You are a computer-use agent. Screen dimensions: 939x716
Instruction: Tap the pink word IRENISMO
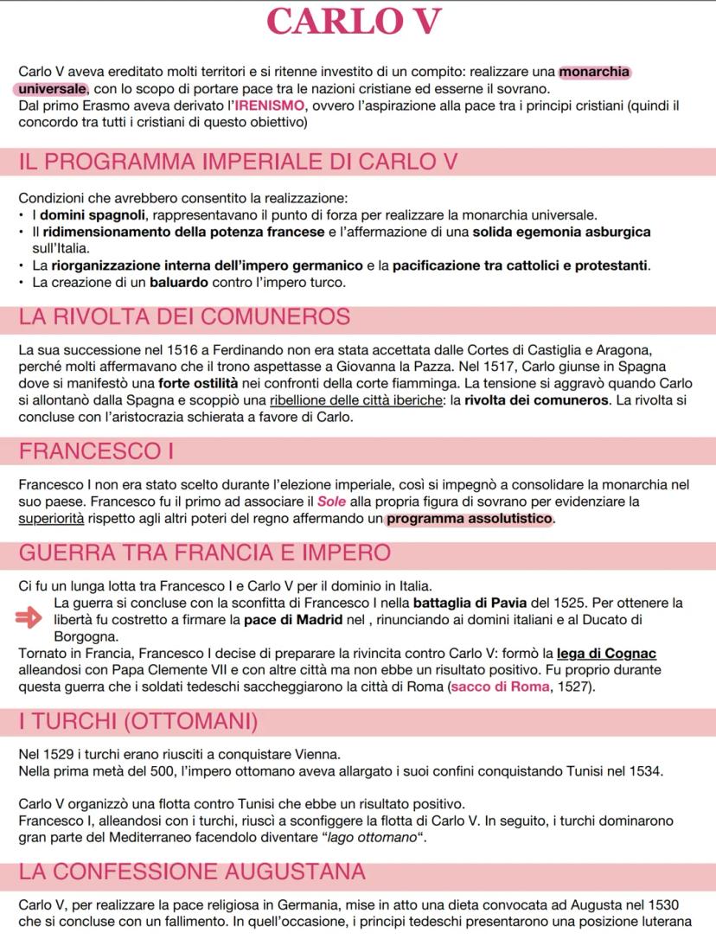[271, 105]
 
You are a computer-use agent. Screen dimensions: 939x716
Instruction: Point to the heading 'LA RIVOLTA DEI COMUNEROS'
[184, 317]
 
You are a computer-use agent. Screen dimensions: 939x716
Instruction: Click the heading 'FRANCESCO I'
[90, 451]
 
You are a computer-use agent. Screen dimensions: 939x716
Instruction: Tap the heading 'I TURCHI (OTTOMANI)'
[137, 720]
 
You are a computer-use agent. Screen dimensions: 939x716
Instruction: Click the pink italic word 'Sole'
[330, 502]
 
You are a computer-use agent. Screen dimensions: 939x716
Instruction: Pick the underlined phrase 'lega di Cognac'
[606, 653]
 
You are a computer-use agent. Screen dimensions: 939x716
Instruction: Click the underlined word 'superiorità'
[56, 520]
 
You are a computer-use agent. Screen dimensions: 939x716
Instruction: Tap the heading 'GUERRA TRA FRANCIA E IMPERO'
[204, 553]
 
